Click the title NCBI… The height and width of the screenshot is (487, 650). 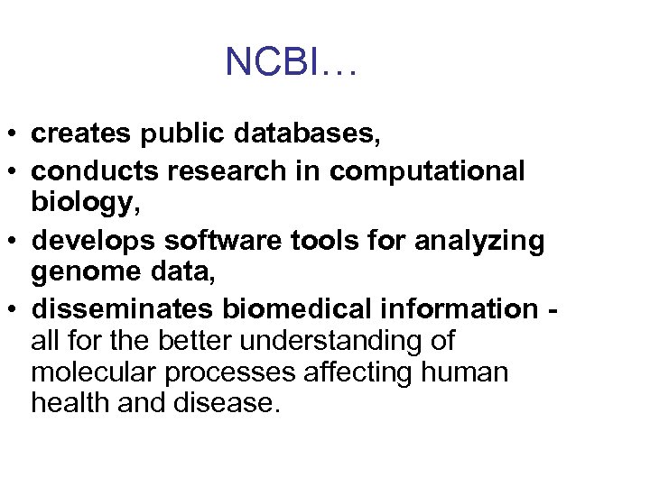pos(292,62)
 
